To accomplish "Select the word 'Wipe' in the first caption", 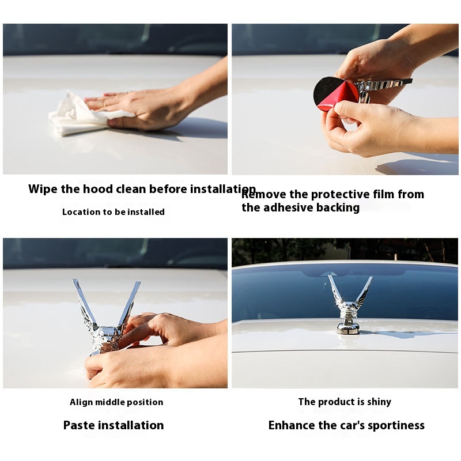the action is coord(43,189).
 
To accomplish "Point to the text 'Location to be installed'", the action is coord(113,211).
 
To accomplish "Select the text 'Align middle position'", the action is coord(116,402).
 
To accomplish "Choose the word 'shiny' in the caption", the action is coord(379,402).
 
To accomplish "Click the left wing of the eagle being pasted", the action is coord(85,306).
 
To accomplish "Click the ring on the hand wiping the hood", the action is coord(105,104).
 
